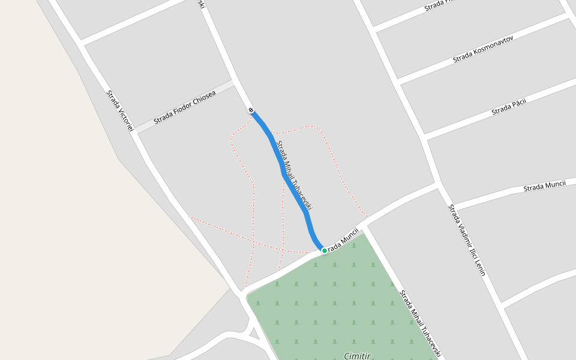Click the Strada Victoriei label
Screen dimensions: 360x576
pos(119,112)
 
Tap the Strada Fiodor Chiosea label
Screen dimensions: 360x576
pos(184,107)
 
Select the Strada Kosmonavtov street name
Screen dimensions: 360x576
pos(483,48)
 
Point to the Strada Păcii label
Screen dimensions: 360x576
pos(509,107)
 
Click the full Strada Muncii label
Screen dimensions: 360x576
pos(544,186)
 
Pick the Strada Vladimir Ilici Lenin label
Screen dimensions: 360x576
pos(466,239)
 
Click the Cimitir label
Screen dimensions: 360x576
pos(357,356)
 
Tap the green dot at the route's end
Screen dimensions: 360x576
pos(325,250)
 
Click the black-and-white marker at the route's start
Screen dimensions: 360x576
pos(251,110)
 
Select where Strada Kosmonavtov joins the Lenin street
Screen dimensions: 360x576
pos(398,82)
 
